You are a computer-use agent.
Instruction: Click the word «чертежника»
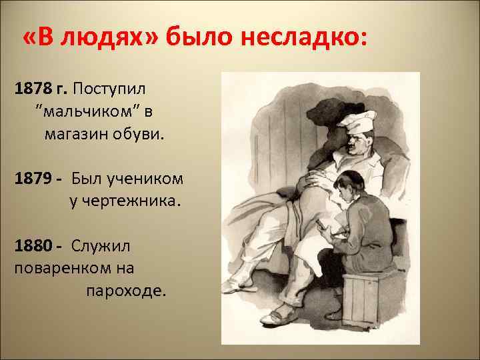pos(125,201)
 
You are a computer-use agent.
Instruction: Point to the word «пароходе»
pos(123,291)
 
